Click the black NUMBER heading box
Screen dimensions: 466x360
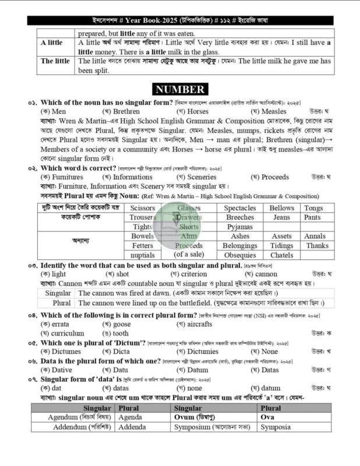(x=179, y=89)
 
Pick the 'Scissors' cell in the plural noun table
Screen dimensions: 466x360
(x=143, y=208)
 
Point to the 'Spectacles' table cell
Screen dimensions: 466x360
(x=239, y=208)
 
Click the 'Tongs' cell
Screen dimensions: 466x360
(x=313, y=208)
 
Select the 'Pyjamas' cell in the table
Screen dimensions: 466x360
(x=239, y=227)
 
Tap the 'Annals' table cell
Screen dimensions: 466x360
(x=315, y=236)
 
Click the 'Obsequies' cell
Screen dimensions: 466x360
(x=239, y=255)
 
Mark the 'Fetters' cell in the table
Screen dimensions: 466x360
(x=143, y=246)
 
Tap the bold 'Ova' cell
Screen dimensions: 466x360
(x=268, y=417)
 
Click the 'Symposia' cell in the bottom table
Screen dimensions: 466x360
(x=276, y=427)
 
